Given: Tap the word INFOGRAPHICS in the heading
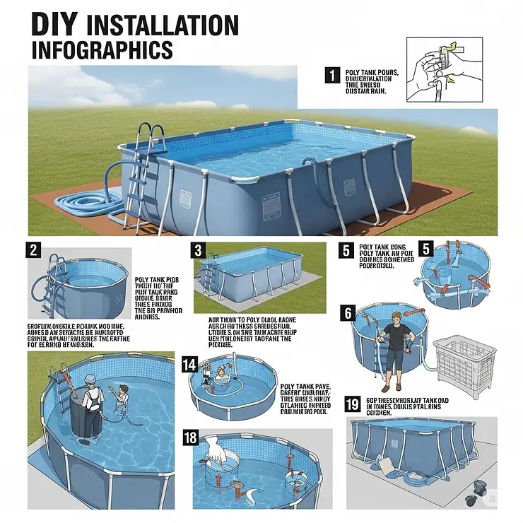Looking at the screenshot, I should (102, 49).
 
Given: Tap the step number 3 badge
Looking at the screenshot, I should (199, 250).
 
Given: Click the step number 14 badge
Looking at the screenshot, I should (189, 364).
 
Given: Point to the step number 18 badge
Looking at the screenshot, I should (189, 437).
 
